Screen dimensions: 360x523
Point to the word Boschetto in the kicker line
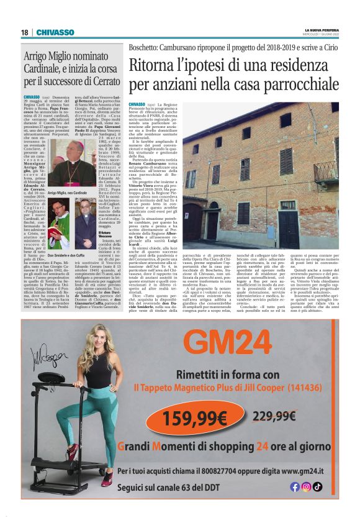click(x=145, y=48)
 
